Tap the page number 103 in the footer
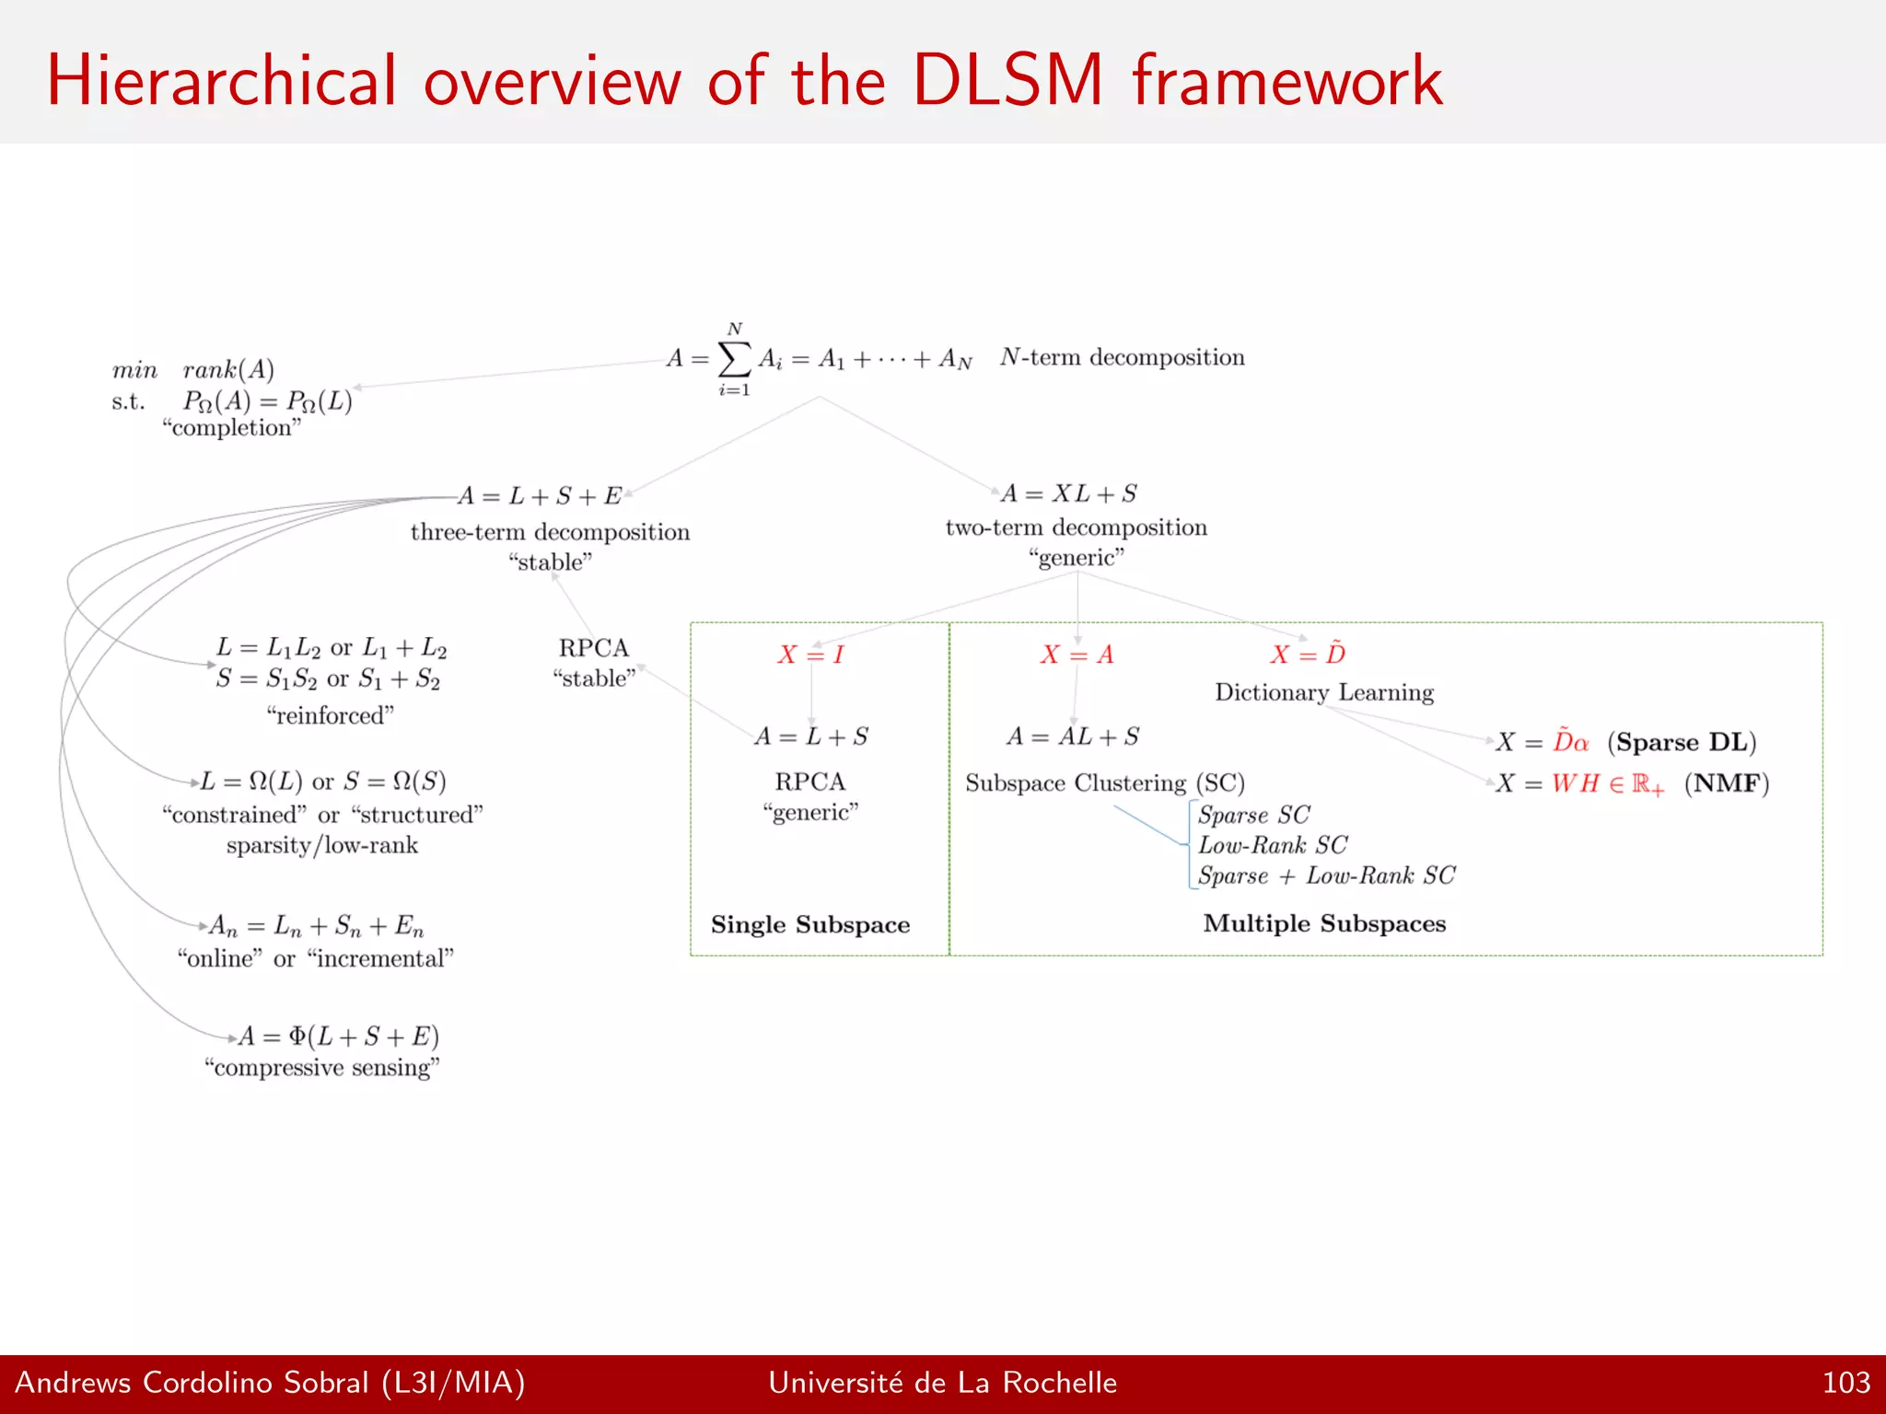click(x=1845, y=1383)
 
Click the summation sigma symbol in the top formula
click(x=734, y=359)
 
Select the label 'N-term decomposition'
click(x=1122, y=357)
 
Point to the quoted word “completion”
click(x=232, y=428)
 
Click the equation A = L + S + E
click(x=540, y=496)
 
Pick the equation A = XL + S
click(x=1069, y=493)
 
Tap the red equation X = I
click(x=810, y=655)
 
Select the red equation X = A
click(x=1077, y=655)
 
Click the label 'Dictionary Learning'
click(x=1324, y=692)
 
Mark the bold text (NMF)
click(x=1727, y=783)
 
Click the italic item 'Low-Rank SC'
click(x=1273, y=845)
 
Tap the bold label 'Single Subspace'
click(x=810, y=924)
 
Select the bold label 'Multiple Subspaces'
click(x=1324, y=923)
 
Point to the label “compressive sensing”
click(x=322, y=1068)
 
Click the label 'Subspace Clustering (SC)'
click(x=1105, y=783)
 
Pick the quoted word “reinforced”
click(x=330, y=715)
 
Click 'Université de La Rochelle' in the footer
click(x=942, y=1383)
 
